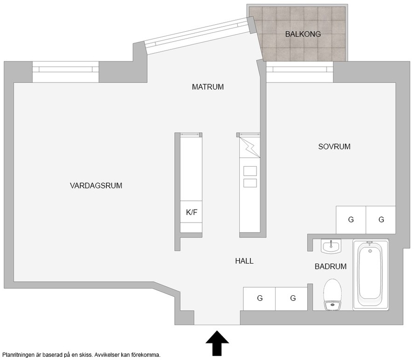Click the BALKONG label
(x=303, y=34)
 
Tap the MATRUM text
(x=208, y=87)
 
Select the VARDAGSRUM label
(x=96, y=186)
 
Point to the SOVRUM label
(x=334, y=147)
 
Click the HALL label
(x=244, y=261)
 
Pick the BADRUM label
(x=331, y=267)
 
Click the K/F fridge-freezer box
(x=192, y=212)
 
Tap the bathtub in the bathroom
(x=371, y=274)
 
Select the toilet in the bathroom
(x=332, y=294)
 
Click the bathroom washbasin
(x=331, y=246)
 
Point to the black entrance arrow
(x=217, y=343)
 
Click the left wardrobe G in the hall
(x=259, y=299)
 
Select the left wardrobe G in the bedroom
(x=351, y=220)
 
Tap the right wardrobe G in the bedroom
(x=381, y=220)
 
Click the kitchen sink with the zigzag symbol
(x=249, y=148)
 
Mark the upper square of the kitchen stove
(x=250, y=171)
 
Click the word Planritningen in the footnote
(x=18, y=355)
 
